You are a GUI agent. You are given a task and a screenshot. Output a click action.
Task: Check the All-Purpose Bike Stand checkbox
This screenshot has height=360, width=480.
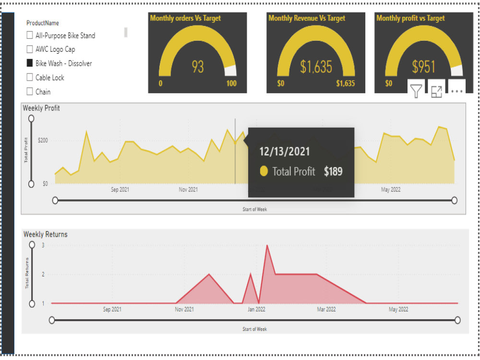[30, 35]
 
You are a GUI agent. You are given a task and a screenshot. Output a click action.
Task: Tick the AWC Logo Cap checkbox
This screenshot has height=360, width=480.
[30, 49]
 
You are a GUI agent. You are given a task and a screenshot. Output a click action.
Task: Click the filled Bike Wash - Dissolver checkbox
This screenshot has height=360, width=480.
[30, 63]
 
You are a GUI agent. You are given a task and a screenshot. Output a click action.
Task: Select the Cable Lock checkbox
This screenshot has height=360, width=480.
[30, 77]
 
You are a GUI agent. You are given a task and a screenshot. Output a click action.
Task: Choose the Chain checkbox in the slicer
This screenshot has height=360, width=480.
[30, 91]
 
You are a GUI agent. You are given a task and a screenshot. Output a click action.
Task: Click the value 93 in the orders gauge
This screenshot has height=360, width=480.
[198, 67]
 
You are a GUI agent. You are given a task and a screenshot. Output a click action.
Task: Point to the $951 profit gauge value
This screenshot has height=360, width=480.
[424, 67]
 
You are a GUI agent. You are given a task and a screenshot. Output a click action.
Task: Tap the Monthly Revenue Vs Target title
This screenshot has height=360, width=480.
[307, 18]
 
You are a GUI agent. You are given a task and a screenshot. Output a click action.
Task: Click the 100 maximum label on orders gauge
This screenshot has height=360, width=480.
[231, 84]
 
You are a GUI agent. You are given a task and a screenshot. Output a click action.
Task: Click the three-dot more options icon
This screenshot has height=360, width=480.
[456, 91]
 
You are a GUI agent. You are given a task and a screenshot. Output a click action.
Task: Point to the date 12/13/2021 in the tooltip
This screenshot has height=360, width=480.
[285, 152]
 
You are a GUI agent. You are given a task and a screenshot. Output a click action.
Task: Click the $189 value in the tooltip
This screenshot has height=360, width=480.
[333, 171]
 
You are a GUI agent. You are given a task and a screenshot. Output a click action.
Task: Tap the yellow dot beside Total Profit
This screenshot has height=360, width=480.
[264, 171]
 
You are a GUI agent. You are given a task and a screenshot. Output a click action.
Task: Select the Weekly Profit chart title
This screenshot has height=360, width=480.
[41, 108]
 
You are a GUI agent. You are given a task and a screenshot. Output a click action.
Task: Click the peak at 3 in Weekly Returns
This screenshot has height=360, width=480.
[267, 245]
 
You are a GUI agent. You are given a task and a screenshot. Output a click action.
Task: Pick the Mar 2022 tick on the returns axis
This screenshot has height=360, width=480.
[326, 310]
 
